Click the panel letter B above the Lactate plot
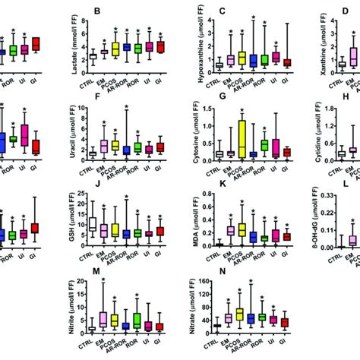click(x=96, y=11)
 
